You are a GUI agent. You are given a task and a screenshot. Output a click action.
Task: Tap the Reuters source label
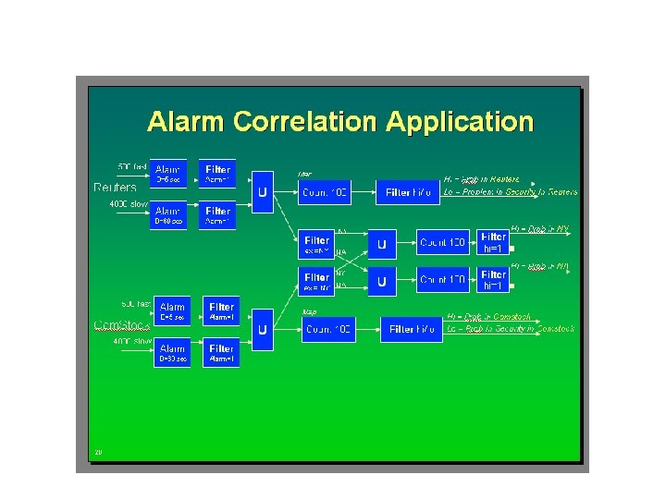[x=116, y=187]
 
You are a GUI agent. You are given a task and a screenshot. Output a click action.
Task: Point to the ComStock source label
[x=120, y=325]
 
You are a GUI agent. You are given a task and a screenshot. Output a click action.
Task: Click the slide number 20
[x=97, y=452]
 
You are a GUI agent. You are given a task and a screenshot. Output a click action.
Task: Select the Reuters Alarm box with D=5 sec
[x=168, y=173]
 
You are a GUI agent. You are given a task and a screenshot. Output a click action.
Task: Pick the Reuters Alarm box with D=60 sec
[x=168, y=215]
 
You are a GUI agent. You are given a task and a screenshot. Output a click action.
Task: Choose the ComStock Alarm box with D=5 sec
[x=171, y=310]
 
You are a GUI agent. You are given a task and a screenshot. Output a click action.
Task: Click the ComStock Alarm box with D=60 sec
[x=171, y=352]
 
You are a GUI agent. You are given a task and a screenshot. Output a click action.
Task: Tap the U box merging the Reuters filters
[x=264, y=192]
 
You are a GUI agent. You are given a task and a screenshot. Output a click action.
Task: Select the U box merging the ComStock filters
[x=263, y=329]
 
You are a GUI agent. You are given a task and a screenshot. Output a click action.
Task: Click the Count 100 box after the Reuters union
[x=326, y=192]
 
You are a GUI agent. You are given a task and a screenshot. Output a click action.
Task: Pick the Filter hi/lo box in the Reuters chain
[x=408, y=192]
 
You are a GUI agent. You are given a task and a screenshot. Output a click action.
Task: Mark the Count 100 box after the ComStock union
[x=328, y=329]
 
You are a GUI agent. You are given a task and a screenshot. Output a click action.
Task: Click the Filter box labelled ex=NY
[x=316, y=244]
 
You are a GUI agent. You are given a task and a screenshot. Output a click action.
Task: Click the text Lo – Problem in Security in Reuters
[x=511, y=191]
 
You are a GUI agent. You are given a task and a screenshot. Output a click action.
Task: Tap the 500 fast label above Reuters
[x=131, y=165]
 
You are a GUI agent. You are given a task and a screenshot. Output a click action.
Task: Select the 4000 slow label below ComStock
[x=132, y=342]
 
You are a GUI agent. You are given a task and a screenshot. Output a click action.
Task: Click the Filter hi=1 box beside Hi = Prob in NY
[x=493, y=242]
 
